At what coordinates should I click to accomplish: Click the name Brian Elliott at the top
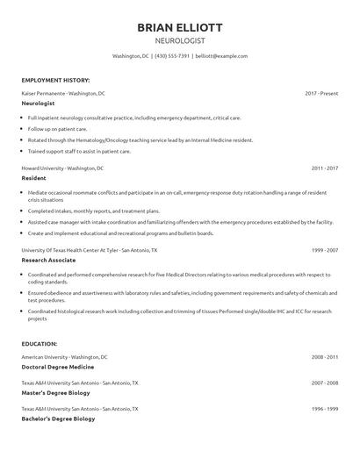[x=180, y=26]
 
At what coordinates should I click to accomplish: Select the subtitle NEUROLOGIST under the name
[x=180, y=40]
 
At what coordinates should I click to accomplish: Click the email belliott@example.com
[x=222, y=56]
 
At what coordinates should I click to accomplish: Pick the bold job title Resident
[x=34, y=177]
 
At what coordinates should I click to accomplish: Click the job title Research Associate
[x=49, y=261]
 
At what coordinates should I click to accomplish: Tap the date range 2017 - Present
[x=321, y=93]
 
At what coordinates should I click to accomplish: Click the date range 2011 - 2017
[x=325, y=168]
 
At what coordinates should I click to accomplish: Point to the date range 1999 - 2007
[x=325, y=250]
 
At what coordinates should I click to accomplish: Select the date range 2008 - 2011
[x=325, y=357]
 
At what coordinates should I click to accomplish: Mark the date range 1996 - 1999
[x=325, y=409]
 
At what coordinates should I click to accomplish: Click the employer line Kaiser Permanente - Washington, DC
[x=63, y=93]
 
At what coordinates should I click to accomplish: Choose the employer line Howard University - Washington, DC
[x=62, y=168]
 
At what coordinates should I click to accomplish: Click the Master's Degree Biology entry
[x=57, y=394]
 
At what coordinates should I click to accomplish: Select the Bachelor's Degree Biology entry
[x=58, y=419]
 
